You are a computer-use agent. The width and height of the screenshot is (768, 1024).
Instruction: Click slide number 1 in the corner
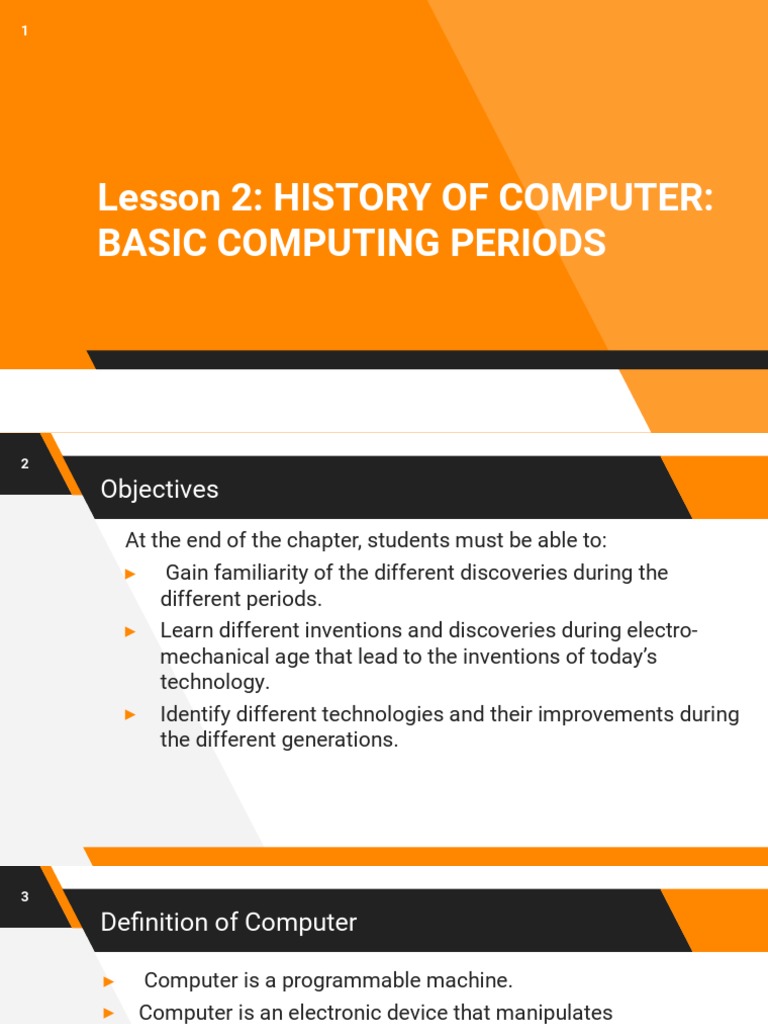[x=25, y=32]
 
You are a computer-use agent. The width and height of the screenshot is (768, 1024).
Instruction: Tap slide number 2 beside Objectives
[x=25, y=464]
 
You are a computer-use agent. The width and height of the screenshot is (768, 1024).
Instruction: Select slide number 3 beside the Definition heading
[x=25, y=897]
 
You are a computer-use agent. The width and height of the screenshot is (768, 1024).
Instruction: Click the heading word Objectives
[x=159, y=489]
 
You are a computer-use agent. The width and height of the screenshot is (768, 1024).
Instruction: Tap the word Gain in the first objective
[x=187, y=573]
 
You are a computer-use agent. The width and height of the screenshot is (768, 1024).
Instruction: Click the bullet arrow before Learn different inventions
[x=130, y=631]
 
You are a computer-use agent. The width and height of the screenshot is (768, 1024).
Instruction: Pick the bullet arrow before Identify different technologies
[x=130, y=715]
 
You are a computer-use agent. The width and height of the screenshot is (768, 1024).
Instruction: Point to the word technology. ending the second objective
[x=215, y=682]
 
